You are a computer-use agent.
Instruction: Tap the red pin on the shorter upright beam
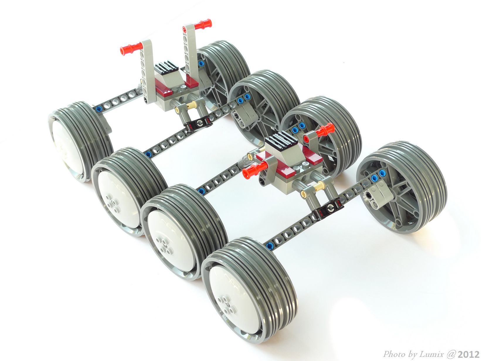click(131, 48)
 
